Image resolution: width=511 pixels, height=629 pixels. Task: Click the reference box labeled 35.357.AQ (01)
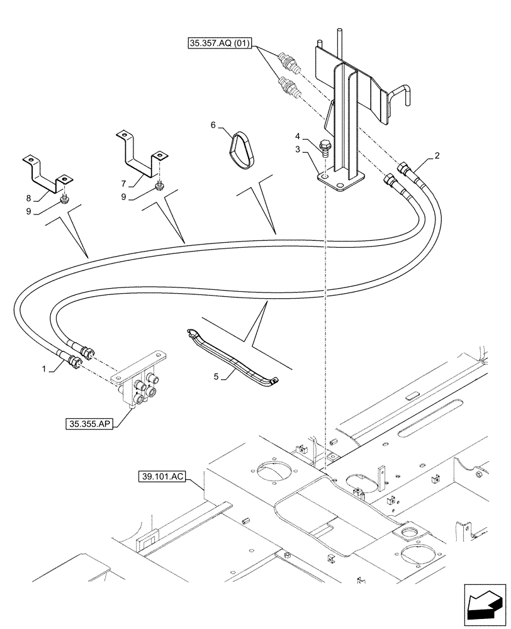[220, 44]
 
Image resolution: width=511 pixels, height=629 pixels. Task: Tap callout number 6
[214, 126]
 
